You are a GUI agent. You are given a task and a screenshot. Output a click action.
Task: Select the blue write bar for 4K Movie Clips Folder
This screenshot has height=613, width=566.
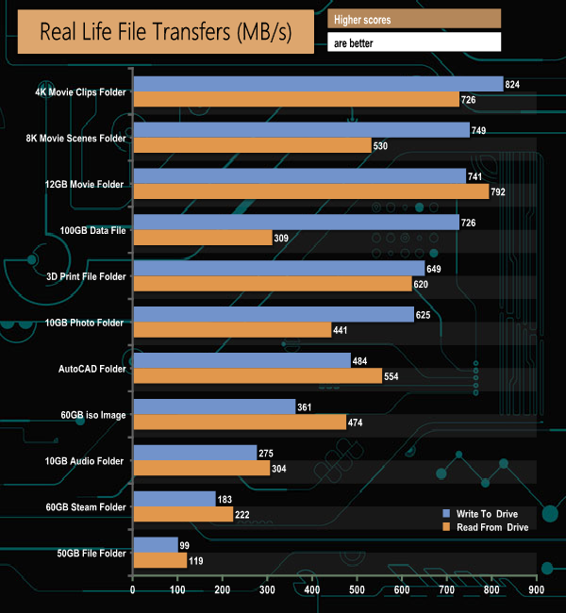318,85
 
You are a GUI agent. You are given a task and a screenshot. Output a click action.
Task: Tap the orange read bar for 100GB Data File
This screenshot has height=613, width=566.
202,238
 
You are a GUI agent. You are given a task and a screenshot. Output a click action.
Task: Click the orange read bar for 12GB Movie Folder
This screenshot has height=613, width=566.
311,191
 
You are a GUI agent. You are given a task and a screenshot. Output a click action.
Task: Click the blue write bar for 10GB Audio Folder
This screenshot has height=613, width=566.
195,454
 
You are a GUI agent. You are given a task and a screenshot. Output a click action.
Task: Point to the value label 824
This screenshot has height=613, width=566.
513,85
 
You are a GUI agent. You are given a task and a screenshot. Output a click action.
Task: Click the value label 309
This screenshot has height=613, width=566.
282,238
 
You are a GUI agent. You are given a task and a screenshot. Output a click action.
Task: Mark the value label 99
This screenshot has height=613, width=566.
186,545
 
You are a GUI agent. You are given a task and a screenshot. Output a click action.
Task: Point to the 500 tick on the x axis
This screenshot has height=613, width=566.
357,591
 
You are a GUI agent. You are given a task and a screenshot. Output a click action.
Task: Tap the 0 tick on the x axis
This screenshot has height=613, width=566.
133,591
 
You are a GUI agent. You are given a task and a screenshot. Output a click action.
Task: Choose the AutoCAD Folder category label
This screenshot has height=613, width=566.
91,369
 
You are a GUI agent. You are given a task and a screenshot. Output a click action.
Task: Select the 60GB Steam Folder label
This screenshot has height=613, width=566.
85,507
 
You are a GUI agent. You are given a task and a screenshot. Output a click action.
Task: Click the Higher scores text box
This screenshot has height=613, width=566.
413,19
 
